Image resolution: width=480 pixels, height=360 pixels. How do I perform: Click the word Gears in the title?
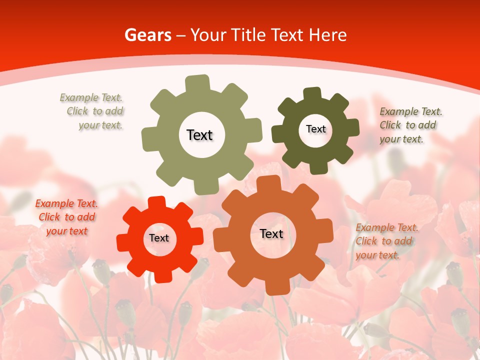pos(147,35)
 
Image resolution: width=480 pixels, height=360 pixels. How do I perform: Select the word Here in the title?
pos(327,35)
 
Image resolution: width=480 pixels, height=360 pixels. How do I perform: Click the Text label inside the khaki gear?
pos(199,135)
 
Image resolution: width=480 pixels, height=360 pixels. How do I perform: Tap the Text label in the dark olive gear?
pos(315,129)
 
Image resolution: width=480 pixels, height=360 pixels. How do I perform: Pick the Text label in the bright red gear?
pos(159,238)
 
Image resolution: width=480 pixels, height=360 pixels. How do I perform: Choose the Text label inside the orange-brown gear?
pos(271,233)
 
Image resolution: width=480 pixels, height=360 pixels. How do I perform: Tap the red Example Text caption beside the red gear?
pos(66,217)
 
